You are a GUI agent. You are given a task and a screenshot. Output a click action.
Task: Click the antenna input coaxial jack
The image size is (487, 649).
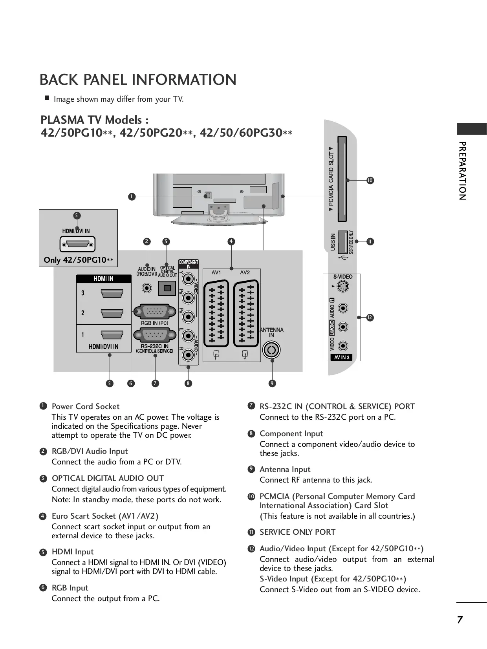pos(271,349)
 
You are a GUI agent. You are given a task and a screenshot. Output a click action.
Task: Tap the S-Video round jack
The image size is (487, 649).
pos(343,287)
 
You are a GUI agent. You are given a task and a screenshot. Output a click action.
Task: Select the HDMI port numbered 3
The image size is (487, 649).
pos(112,293)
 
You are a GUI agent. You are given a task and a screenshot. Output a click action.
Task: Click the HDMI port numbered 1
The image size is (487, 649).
pos(112,335)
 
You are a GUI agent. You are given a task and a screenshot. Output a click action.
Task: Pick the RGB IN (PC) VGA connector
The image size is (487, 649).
pos(155,312)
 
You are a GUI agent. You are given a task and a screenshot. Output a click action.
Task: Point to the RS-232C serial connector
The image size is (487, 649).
pos(155,335)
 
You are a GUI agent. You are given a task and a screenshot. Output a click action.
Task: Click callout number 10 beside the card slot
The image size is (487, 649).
pos(370,181)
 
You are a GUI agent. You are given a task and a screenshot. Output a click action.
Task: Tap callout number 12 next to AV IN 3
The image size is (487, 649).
pos(370,318)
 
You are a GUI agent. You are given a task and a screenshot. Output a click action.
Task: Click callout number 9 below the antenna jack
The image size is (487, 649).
pos(272,383)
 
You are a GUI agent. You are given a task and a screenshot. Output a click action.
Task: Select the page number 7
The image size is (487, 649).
pos(460,620)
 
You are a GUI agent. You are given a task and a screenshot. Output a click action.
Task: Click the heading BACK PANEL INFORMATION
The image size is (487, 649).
pos(138,80)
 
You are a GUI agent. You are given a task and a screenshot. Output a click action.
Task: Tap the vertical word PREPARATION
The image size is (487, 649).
pos(462,171)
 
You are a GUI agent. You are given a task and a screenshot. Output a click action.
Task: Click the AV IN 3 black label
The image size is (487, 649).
pos(341,357)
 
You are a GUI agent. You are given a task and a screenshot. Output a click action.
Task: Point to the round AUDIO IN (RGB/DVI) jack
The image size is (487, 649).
pos(147,288)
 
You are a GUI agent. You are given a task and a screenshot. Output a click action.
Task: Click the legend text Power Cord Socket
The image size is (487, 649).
pos(86,406)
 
